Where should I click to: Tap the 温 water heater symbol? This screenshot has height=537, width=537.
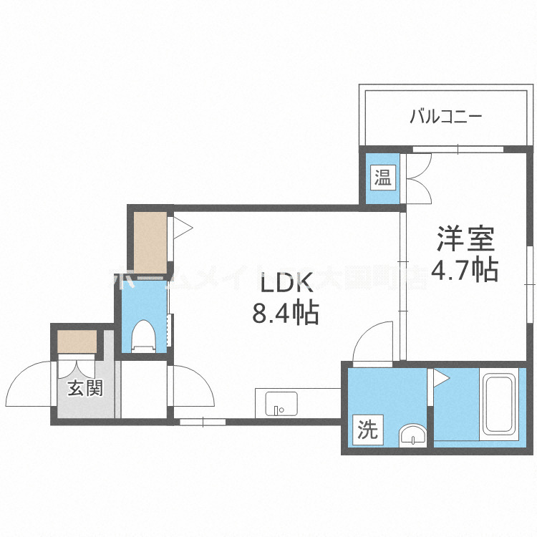[382, 177]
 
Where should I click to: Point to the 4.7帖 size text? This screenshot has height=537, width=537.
[465, 270]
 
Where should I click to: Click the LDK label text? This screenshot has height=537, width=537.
[286, 284]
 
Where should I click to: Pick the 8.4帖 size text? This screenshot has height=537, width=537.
[285, 314]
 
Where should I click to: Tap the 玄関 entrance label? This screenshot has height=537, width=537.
[85, 389]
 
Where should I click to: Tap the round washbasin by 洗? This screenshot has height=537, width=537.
[412, 435]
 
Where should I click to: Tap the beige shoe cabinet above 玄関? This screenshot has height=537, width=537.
[77, 340]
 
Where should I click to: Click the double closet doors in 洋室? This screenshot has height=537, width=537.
[417, 178]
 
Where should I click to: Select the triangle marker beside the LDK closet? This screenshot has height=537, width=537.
[181, 228]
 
